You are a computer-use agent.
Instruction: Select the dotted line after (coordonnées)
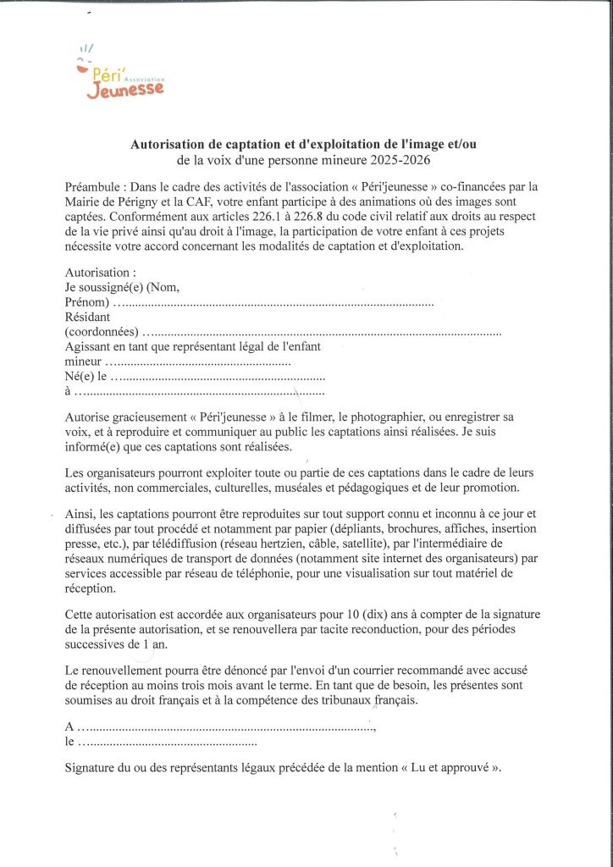[322, 334]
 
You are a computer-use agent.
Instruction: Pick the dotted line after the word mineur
[202, 363]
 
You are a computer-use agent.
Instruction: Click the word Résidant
[87, 318]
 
